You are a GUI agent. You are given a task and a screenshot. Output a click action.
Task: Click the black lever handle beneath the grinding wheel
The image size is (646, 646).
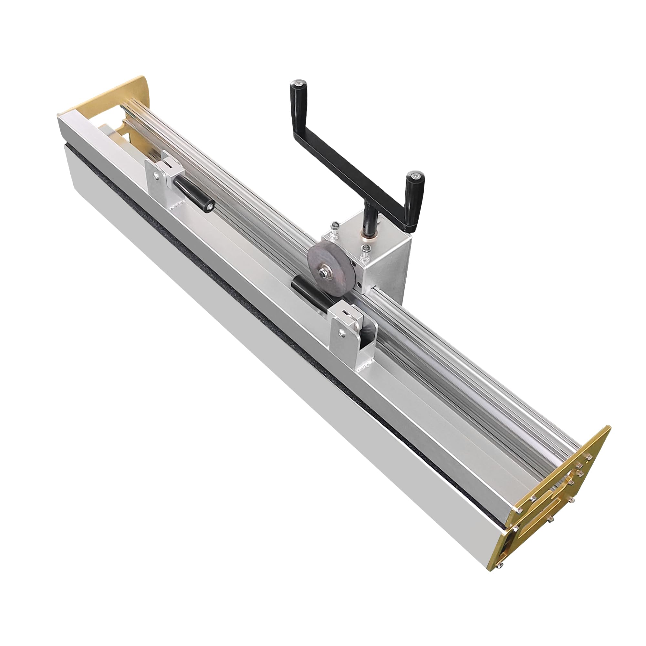pos(309,294)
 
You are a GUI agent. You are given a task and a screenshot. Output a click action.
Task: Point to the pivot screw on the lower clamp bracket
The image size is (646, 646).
pos(341,332)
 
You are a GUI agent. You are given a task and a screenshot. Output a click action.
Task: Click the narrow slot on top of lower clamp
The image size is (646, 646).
pos(346,313)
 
